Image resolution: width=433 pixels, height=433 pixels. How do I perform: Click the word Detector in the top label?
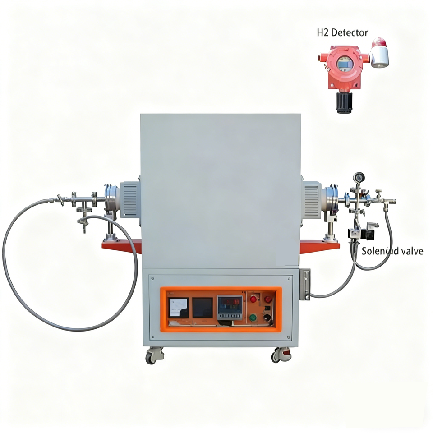(x=351, y=32)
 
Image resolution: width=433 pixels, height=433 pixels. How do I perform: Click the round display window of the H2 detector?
(x=344, y=65)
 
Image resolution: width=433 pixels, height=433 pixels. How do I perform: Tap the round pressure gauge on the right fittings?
(x=359, y=177)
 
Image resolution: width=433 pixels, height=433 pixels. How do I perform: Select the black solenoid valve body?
(x=370, y=230)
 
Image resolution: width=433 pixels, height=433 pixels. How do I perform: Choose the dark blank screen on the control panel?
(x=202, y=307)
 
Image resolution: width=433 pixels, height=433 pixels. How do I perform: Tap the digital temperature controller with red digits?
(x=230, y=306)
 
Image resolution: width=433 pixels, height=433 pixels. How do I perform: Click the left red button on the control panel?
(x=253, y=299)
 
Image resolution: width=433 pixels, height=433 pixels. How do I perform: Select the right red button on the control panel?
(x=268, y=299)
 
